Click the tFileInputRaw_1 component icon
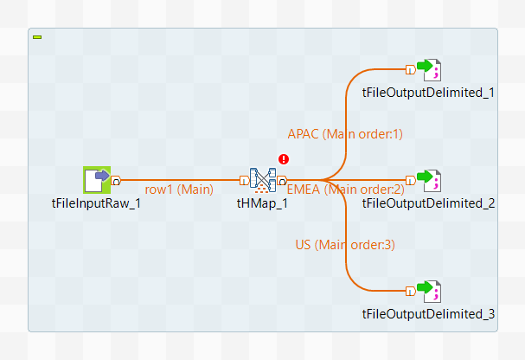point(96,180)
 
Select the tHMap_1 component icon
point(262,181)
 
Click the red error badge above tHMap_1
point(284,159)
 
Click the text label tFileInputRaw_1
point(96,203)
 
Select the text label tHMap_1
point(262,203)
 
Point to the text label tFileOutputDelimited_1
point(429,93)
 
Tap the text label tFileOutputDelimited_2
point(429,203)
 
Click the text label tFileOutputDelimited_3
point(429,314)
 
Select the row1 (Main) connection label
point(178,190)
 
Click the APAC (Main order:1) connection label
point(345,133)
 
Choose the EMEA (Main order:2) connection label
point(346,190)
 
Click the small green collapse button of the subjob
point(37,37)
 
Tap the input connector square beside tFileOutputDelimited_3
point(410,291)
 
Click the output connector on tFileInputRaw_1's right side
point(116,180)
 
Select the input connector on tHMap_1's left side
point(244,180)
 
